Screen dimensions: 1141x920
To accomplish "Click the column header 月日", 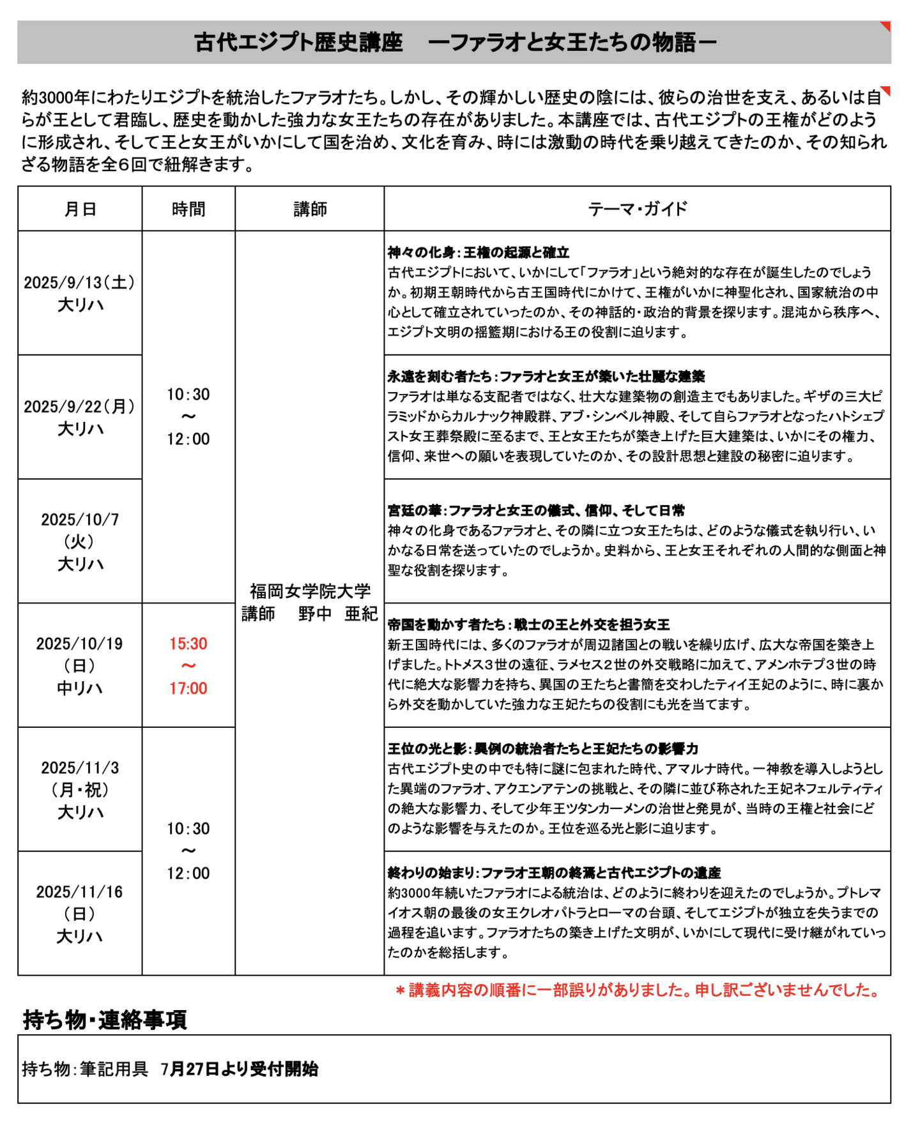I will coord(80,209).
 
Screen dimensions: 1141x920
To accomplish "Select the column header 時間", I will coord(188,209).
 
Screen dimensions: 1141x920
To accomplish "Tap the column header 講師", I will coord(310,209).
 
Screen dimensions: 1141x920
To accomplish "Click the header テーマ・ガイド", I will coord(637,209).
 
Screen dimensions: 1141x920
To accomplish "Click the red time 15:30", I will coord(188,644).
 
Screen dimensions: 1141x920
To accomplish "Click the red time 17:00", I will coord(188,688).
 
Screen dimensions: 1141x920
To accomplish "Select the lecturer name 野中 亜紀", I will coord(338,614).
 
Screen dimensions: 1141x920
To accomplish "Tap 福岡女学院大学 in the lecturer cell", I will coord(310,591).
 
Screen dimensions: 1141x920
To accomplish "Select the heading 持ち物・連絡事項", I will coord(105,1020).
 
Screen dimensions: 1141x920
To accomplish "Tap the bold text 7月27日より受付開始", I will coord(240,1069).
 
